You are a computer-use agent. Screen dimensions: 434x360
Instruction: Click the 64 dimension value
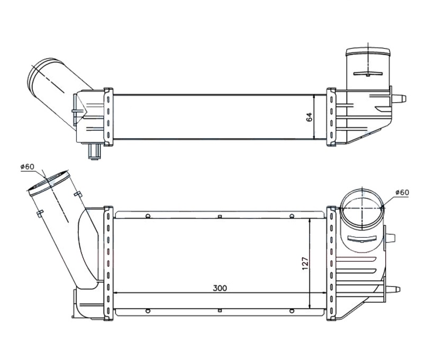(x=309, y=117)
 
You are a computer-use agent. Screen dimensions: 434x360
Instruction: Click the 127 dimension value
(x=305, y=264)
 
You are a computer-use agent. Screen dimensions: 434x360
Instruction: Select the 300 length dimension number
(x=220, y=288)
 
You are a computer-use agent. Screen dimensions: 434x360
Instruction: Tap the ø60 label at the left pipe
(x=28, y=166)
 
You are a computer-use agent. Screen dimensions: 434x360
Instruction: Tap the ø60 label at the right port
(x=402, y=192)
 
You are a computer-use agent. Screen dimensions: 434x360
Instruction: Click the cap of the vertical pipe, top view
(x=368, y=52)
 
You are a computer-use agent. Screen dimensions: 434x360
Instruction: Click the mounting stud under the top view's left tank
(x=94, y=151)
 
